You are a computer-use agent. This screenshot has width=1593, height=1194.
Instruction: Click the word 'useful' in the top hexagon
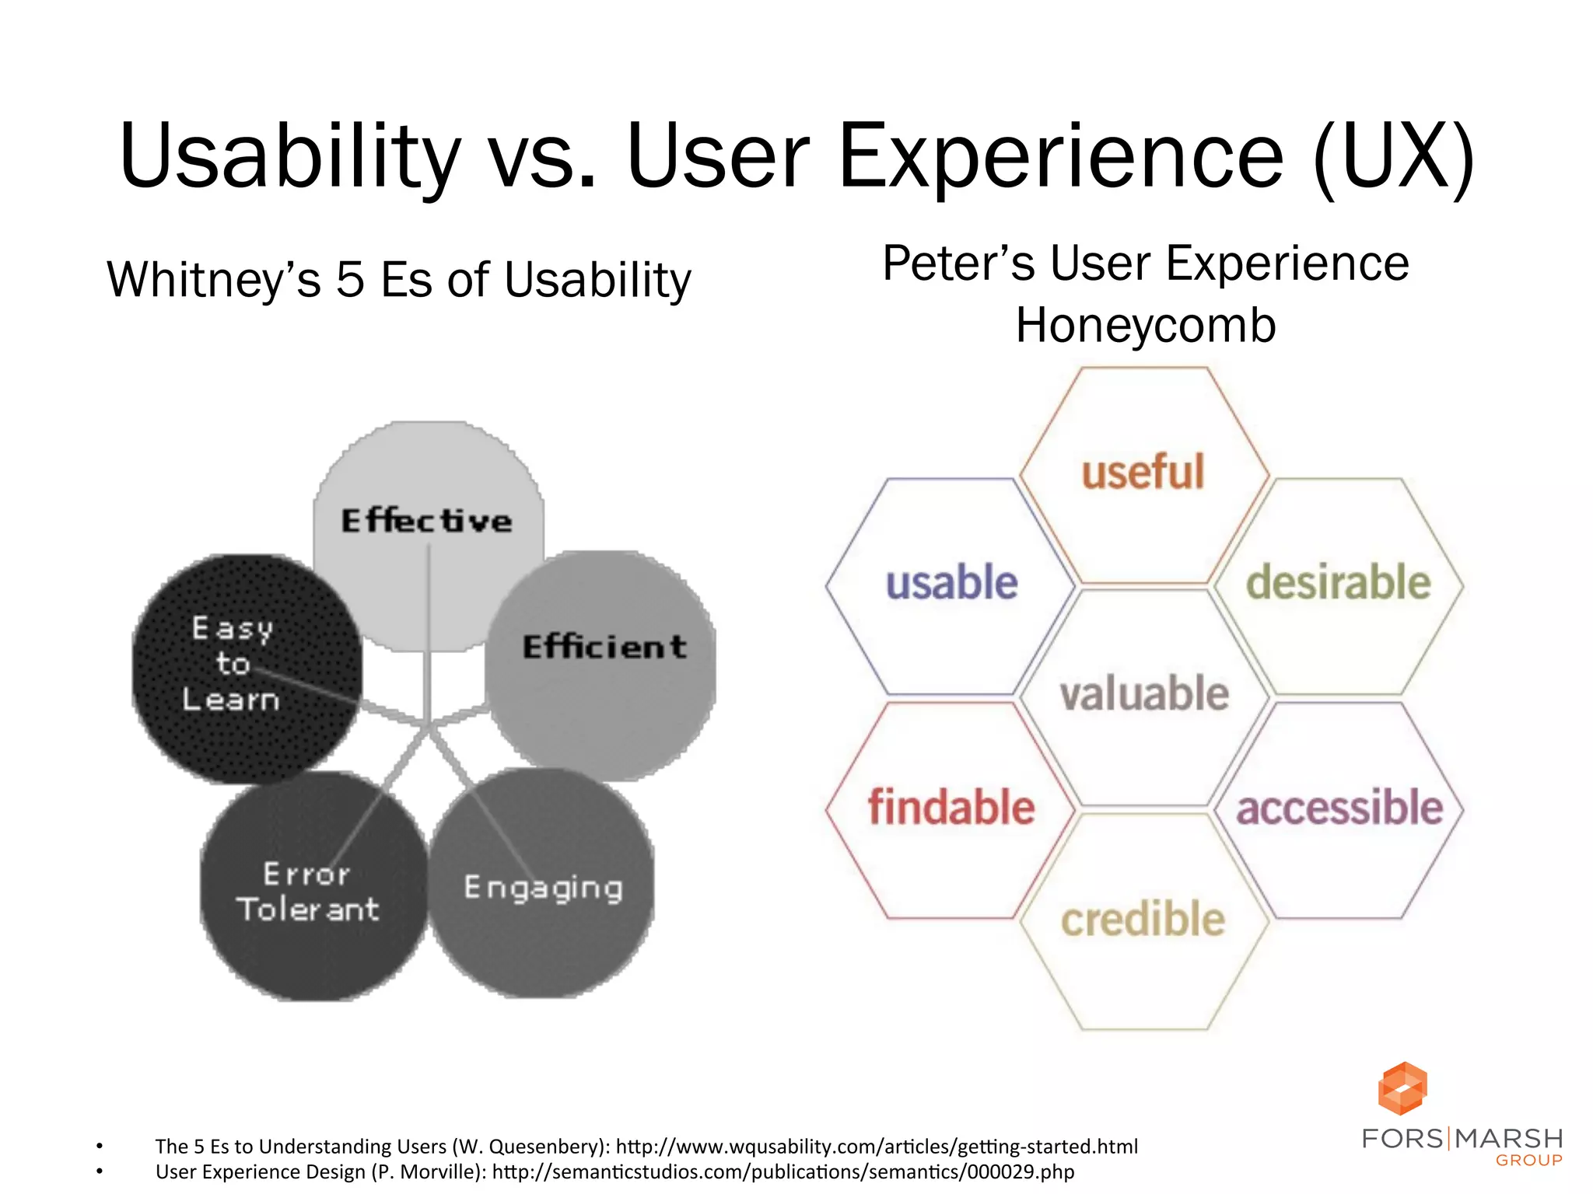[1143, 472]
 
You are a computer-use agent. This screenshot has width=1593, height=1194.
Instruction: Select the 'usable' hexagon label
[951, 583]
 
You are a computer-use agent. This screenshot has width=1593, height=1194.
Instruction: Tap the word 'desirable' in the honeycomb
[1338, 583]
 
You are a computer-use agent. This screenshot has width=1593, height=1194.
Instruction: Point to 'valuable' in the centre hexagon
[1144, 693]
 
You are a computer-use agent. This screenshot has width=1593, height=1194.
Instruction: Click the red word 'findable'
[951, 807]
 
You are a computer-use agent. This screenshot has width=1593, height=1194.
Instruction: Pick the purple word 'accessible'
[1339, 807]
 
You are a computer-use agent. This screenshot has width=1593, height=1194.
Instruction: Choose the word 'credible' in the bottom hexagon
[1143, 920]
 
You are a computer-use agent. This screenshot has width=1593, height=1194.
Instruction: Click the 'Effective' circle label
[427, 521]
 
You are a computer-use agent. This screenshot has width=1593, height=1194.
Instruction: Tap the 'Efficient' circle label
[604, 647]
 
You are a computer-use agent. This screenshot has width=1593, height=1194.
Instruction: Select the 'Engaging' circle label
[543, 888]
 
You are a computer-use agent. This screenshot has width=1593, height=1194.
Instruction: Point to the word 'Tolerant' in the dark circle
[308, 909]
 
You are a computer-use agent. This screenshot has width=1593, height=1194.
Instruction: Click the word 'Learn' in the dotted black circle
[231, 700]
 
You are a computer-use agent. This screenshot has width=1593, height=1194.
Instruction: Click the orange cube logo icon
[1402, 1088]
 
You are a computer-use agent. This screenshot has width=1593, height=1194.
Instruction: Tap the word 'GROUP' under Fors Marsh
[1528, 1161]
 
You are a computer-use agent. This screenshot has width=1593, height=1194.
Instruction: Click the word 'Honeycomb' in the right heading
[1146, 325]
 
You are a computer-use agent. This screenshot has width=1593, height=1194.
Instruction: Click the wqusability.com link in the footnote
[877, 1147]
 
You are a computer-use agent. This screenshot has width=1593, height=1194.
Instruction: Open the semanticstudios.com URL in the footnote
[783, 1171]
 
